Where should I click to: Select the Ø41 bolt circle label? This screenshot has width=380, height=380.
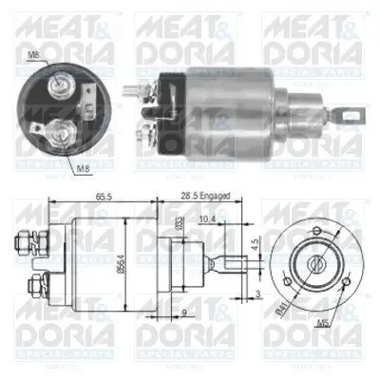tap(279, 306)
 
